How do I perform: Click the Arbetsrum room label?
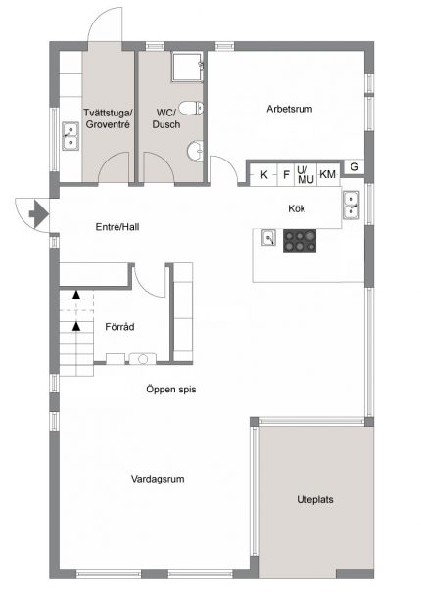pyautogui.click(x=290, y=109)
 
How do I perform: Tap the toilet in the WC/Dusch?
pyautogui.click(x=191, y=108)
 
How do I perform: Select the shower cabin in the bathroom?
pyautogui.click(x=187, y=67)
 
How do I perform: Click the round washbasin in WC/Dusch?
pyautogui.click(x=195, y=151)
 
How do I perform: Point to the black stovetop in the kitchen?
pyautogui.click(x=300, y=241)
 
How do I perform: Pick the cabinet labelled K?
pyautogui.click(x=264, y=175)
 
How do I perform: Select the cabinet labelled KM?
pyautogui.click(x=328, y=174)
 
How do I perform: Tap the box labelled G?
pyautogui.click(x=354, y=167)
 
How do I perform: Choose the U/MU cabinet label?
pyautogui.click(x=305, y=174)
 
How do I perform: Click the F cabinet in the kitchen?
pyautogui.click(x=286, y=175)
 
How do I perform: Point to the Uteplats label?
pyautogui.click(x=315, y=499)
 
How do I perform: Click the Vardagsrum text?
pyautogui.click(x=158, y=479)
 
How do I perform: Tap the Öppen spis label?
pyautogui.click(x=171, y=390)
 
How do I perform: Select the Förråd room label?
pyautogui.click(x=119, y=327)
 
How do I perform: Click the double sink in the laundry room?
pyautogui.click(x=70, y=136)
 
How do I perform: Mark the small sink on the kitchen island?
pyautogui.click(x=269, y=238)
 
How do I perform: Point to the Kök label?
pyautogui.click(x=297, y=209)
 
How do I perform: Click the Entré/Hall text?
pyautogui.click(x=117, y=227)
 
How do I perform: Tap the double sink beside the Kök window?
pyautogui.click(x=351, y=206)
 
